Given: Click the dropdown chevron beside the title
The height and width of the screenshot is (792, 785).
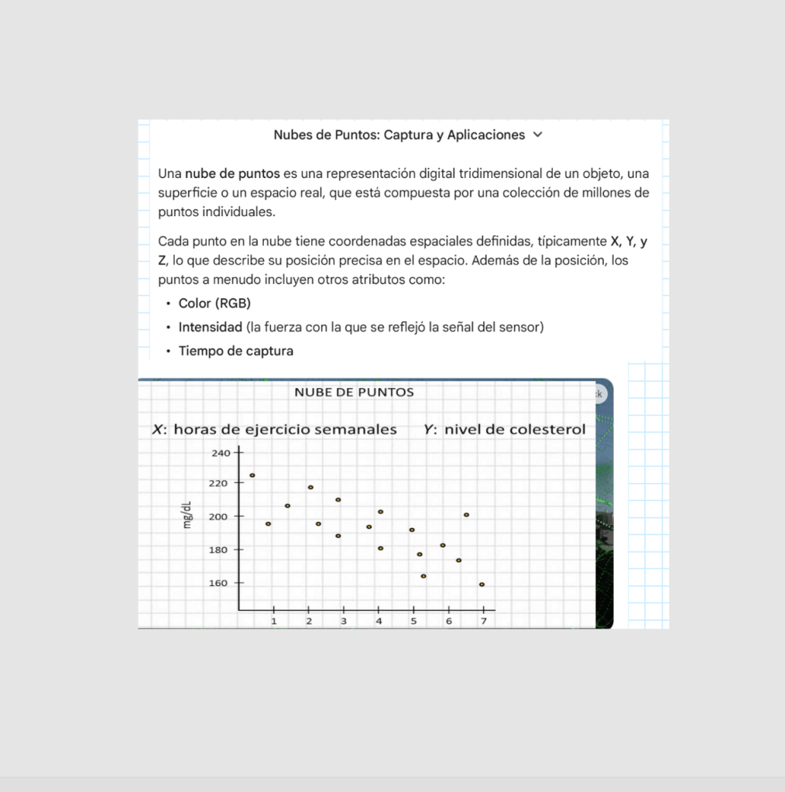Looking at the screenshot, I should (539, 135).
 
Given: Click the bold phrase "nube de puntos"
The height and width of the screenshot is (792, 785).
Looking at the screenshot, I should (232, 173).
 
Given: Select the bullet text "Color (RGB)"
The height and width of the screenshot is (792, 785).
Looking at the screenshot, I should (214, 303).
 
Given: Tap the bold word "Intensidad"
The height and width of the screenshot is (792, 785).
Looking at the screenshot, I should (211, 327).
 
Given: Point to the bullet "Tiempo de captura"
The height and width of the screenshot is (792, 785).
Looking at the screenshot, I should (235, 351).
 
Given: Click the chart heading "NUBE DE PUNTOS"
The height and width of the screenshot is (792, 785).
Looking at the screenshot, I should (354, 393).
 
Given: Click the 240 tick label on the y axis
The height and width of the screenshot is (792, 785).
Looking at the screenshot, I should (221, 453).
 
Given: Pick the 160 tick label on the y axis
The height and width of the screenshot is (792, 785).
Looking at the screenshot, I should (218, 583).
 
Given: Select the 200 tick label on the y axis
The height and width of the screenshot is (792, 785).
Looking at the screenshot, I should (218, 517).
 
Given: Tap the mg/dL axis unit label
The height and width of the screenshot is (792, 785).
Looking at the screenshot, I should (187, 515).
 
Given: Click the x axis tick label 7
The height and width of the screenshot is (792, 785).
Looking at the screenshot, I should (484, 621).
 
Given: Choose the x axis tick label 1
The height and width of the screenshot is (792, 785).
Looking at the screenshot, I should (273, 621).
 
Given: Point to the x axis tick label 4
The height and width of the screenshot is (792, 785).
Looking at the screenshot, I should (379, 621).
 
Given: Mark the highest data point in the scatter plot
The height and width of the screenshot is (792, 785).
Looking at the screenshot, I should (252, 475).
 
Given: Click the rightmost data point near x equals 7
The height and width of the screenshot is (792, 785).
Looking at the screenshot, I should (482, 585).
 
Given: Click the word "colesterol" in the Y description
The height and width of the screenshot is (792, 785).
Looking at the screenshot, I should (547, 429).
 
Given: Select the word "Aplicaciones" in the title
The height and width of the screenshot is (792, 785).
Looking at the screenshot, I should (486, 135).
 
